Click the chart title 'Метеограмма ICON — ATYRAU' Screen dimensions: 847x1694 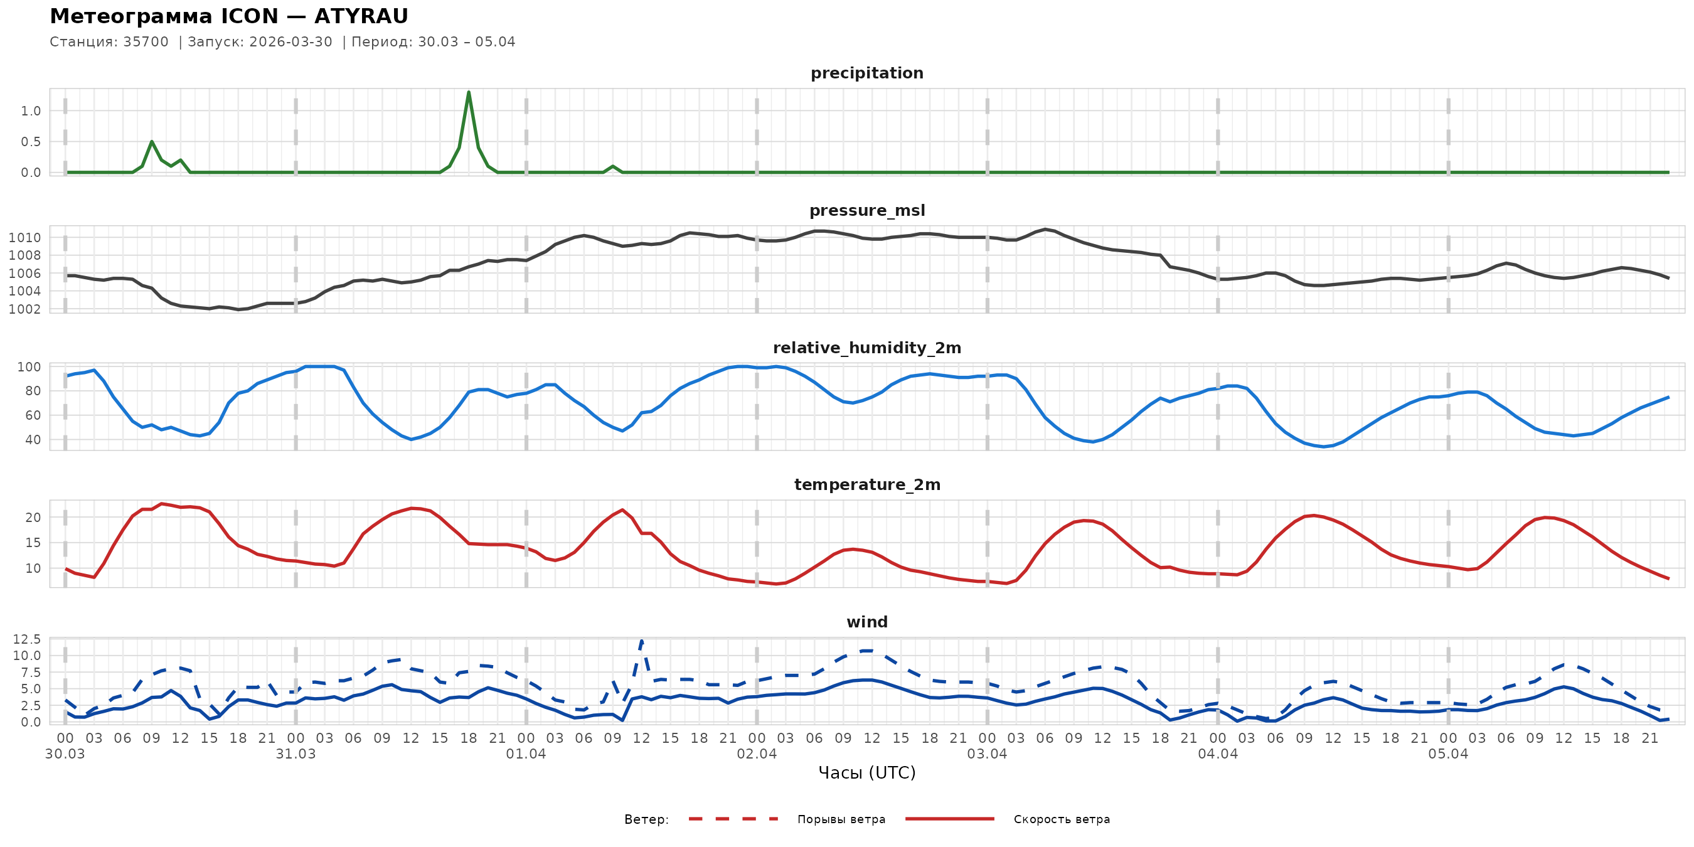[x=229, y=16]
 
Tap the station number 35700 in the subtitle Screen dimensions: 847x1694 [x=146, y=42]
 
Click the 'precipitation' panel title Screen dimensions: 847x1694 [x=866, y=73]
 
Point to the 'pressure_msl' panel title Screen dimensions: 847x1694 [x=866, y=210]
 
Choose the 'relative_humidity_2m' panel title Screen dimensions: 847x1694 [x=866, y=348]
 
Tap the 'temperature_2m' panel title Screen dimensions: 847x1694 [x=866, y=484]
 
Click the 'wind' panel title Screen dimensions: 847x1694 [x=866, y=622]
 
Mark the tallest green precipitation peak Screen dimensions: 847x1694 [x=468, y=93]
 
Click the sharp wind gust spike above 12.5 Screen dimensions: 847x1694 [x=641, y=640]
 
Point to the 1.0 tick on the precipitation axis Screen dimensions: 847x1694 [x=30, y=111]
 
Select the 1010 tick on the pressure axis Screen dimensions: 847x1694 [x=24, y=237]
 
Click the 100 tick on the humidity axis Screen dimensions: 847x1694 [x=28, y=367]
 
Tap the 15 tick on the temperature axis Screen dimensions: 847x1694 [x=32, y=543]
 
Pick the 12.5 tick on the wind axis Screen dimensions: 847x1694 [x=26, y=639]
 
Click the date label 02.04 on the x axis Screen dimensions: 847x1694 [x=756, y=754]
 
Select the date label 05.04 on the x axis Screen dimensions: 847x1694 [x=1447, y=754]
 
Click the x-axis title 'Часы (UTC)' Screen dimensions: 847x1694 [x=866, y=773]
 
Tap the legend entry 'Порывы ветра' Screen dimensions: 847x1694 [x=841, y=819]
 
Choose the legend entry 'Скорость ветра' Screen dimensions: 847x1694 [x=1062, y=819]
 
